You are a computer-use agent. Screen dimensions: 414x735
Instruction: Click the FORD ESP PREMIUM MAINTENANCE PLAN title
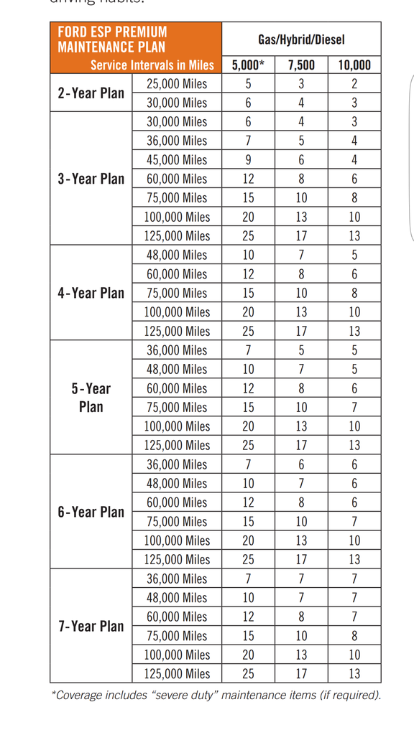pyautogui.click(x=112, y=39)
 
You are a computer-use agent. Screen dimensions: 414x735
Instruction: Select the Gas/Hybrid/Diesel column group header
pyautogui.click(x=301, y=39)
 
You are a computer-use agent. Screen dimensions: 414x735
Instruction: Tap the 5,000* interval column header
pyautogui.click(x=248, y=65)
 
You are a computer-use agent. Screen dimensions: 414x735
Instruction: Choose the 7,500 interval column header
pyautogui.click(x=301, y=65)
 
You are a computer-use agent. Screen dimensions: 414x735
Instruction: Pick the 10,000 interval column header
pyautogui.click(x=354, y=65)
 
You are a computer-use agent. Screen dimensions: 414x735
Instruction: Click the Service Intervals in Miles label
pyautogui.click(x=152, y=65)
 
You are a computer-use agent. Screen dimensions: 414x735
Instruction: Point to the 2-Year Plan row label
pyautogui.click(x=91, y=93)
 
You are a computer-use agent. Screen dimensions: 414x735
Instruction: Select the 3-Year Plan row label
pyautogui.click(x=91, y=179)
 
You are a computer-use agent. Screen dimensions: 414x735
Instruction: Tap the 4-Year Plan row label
pyautogui.click(x=91, y=293)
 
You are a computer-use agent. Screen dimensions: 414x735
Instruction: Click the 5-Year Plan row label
pyautogui.click(x=91, y=398)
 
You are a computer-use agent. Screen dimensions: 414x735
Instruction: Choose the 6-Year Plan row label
pyautogui.click(x=91, y=512)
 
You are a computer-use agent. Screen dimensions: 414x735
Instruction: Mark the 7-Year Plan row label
pyautogui.click(x=91, y=626)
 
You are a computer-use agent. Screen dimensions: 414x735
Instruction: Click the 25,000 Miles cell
pyautogui.click(x=177, y=84)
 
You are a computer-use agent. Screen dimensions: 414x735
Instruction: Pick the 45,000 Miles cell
pyautogui.click(x=177, y=160)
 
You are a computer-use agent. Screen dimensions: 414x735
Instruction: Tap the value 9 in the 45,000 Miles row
pyautogui.click(x=248, y=160)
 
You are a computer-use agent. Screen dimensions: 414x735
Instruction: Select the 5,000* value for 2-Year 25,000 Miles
pyautogui.click(x=248, y=84)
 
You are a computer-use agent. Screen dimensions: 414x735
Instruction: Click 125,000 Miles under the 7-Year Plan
pyautogui.click(x=177, y=674)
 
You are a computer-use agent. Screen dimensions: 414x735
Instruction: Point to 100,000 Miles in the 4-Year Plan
pyautogui.click(x=177, y=312)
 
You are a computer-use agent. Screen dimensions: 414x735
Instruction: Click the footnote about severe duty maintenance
pyautogui.click(x=216, y=695)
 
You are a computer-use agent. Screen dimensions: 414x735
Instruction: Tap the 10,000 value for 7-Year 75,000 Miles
pyautogui.click(x=354, y=636)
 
